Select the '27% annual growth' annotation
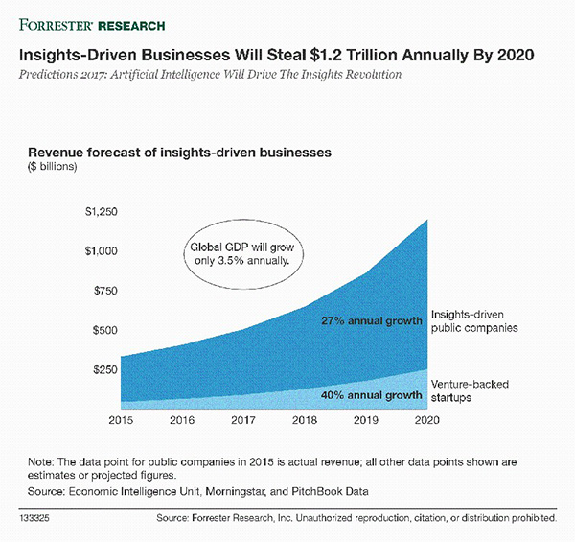pos(368,320)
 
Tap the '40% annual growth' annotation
pos(368,394)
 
